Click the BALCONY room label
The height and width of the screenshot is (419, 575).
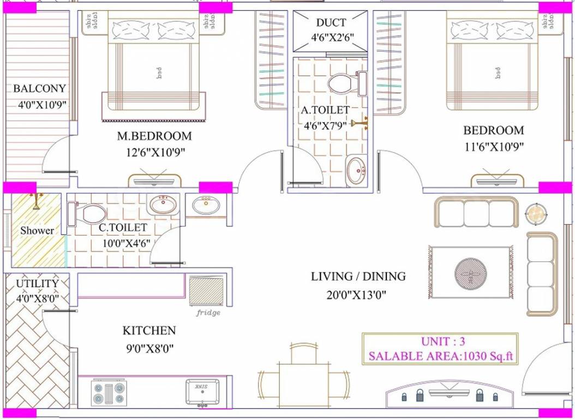39,88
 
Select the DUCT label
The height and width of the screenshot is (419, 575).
331,23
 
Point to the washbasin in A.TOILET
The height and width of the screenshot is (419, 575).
357,170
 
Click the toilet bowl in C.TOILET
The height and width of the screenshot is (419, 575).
93,213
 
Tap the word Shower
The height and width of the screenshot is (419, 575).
37,231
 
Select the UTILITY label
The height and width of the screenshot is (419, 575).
37,284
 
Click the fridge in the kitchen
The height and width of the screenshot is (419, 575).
207,292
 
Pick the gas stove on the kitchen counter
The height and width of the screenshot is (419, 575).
109,393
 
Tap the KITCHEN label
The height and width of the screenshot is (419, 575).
149,331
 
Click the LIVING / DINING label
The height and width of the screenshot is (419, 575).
358,277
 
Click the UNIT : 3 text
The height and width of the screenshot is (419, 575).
442,342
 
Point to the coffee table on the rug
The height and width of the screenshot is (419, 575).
469,272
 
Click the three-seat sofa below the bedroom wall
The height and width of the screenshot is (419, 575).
476,212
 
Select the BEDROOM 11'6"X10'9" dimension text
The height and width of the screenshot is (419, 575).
494,147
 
